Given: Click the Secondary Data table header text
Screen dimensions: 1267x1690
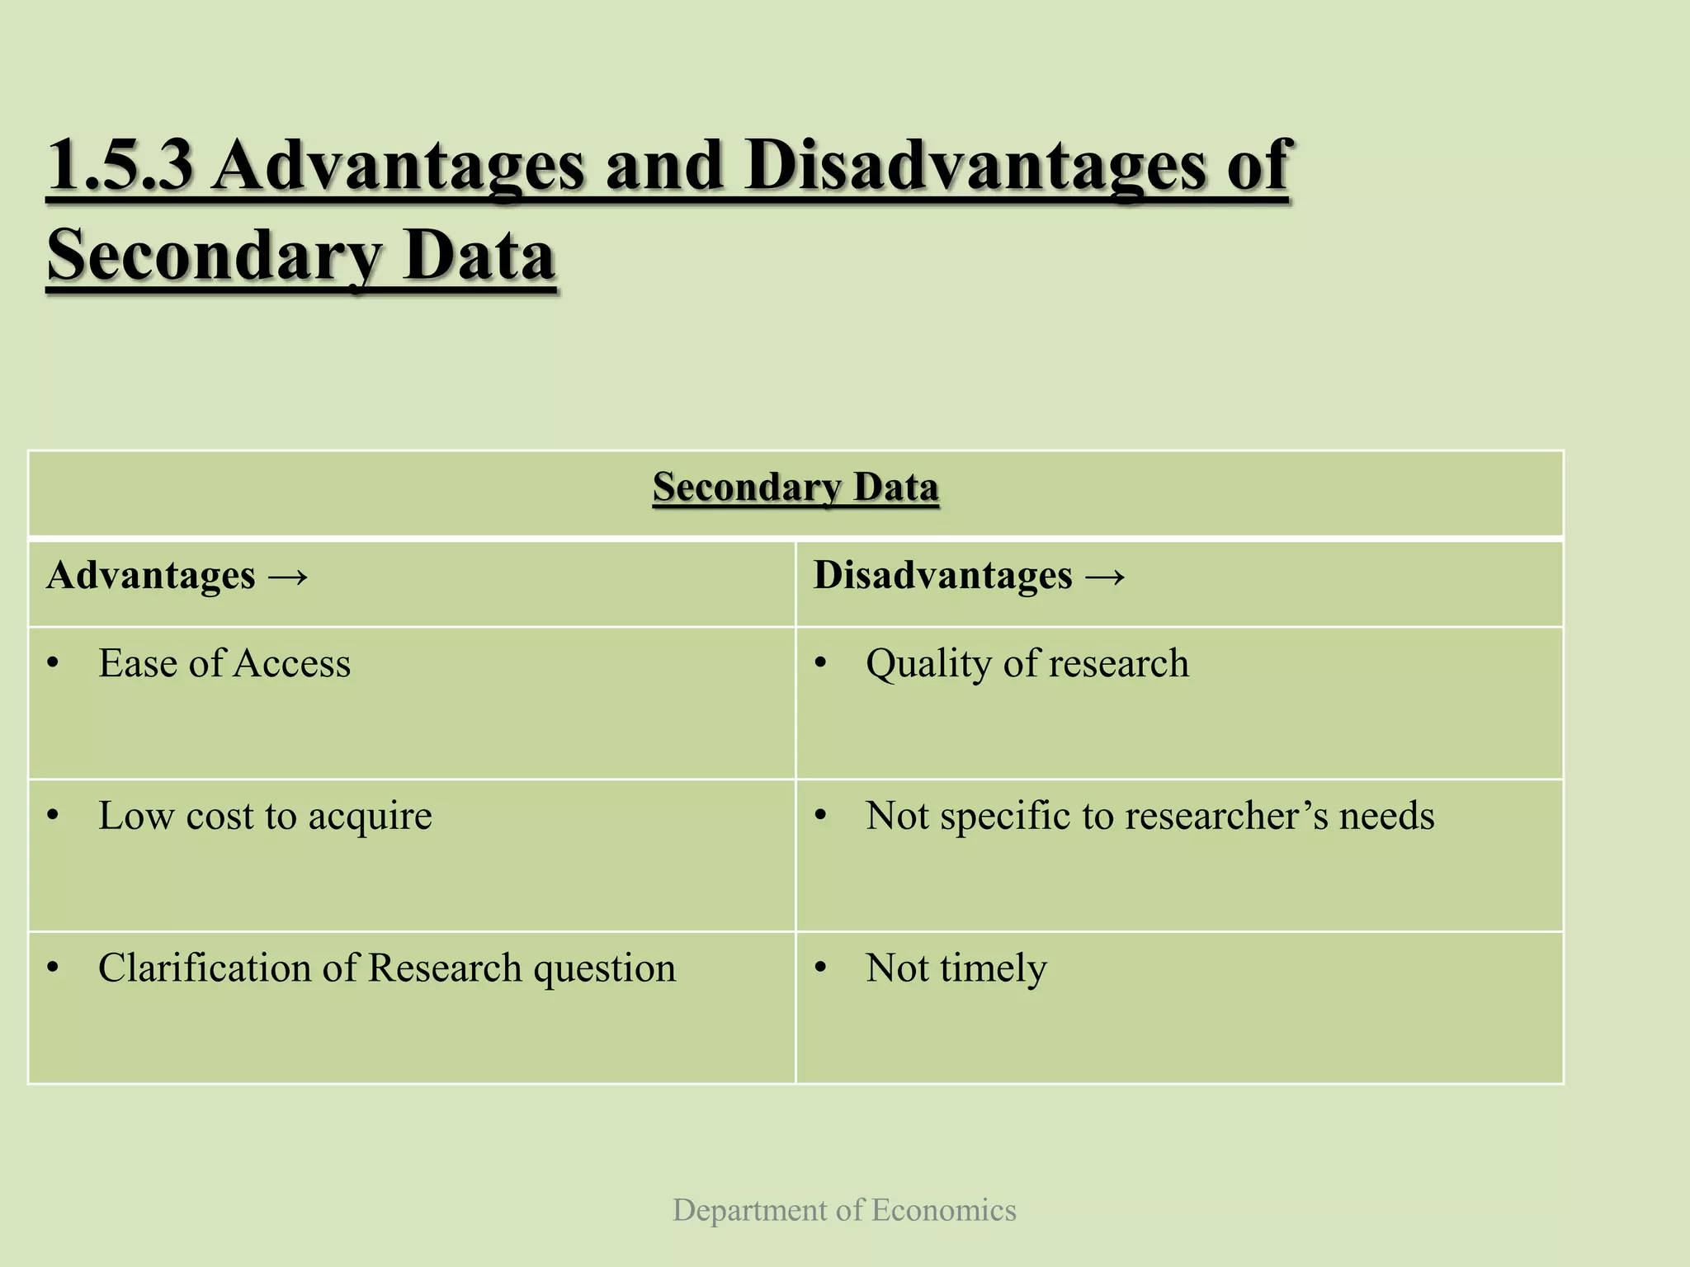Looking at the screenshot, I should coord(795,487).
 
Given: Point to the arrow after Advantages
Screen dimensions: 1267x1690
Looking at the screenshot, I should coord(287,576).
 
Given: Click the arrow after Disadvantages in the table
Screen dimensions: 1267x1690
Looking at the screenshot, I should coord(1104,576).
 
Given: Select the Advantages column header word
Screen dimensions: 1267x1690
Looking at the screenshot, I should coord(151,576).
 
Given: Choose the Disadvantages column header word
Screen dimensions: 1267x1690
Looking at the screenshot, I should coord(942,576).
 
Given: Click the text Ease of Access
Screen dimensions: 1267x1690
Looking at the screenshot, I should coord(224,663).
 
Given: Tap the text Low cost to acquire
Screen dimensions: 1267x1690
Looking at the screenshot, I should coord(265,816).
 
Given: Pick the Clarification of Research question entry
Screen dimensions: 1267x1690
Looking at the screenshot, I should coord(386,968).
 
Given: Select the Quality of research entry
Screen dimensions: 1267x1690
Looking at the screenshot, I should coord(1027,663).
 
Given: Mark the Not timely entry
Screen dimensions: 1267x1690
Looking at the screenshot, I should coord(956,968).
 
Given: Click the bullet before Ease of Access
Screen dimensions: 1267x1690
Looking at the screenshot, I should coord(54,664).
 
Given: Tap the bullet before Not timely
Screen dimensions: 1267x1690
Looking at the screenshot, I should coord(820,969).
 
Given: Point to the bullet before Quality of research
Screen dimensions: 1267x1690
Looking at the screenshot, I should coord(820,664).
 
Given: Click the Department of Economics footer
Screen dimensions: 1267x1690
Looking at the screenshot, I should coord(844,1210).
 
